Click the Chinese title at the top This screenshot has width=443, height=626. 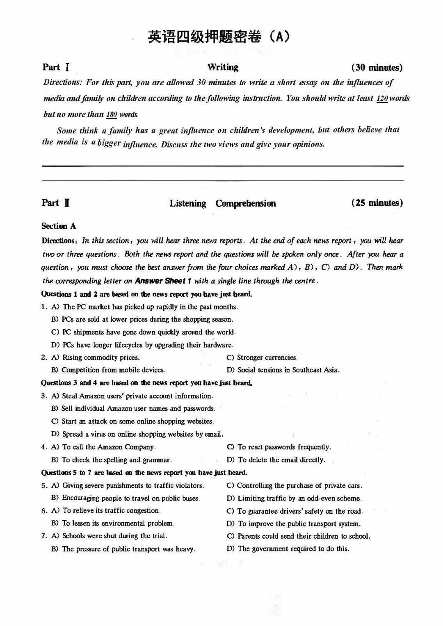[219, 37]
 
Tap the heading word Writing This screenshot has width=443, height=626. [223, 67]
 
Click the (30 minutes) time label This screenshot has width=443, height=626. [377, 68]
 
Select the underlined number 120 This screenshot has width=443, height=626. [382, 98]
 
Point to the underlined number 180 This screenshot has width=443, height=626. [112, 115]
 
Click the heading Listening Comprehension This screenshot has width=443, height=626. [223, 203]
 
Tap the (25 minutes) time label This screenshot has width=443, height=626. [377, 203]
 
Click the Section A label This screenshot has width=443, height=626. [59, 226]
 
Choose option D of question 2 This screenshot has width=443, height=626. [283, 370]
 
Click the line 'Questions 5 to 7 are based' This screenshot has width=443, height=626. [144, 472]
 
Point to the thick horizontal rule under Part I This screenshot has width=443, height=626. [223, 166]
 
